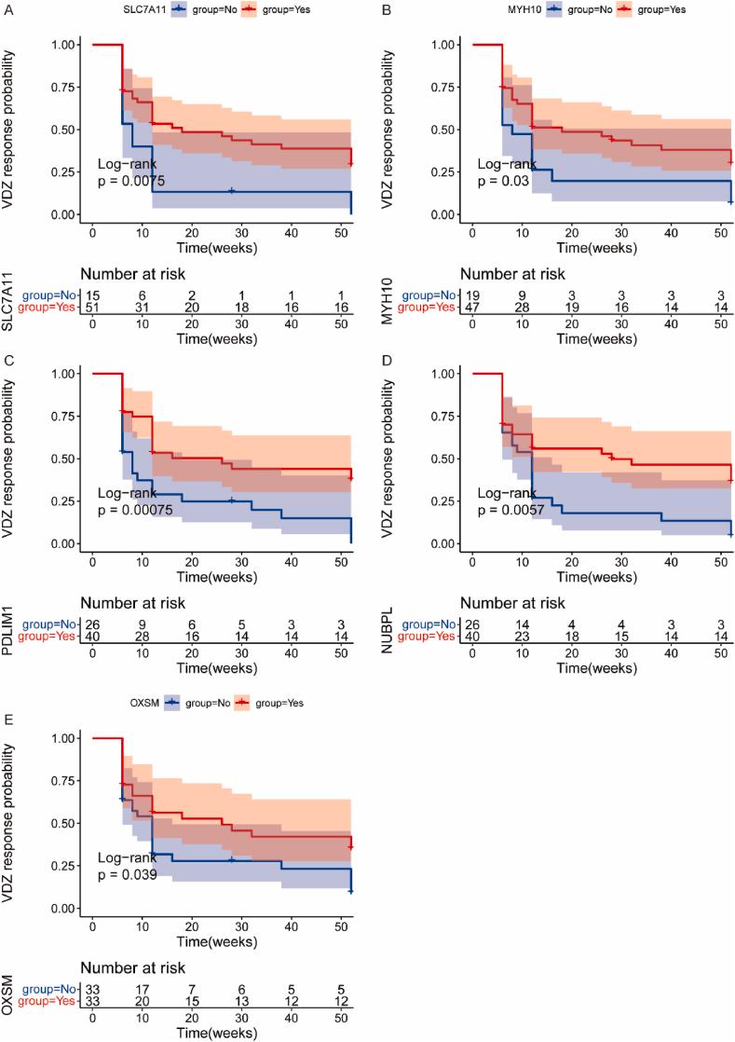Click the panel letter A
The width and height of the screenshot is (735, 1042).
pos(7,7)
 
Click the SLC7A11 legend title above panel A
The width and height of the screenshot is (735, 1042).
pos(147,8)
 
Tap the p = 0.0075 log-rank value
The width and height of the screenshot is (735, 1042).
pos(131,182)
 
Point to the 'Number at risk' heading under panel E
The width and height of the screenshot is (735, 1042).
pos(133,967)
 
